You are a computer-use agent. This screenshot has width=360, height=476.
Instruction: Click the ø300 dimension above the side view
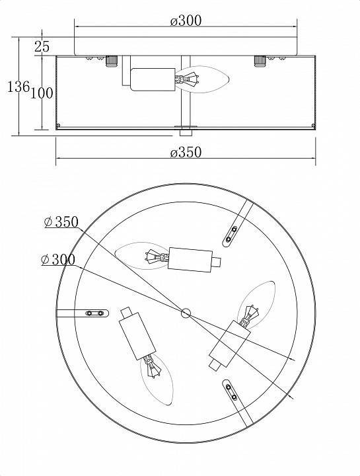coord(185,20)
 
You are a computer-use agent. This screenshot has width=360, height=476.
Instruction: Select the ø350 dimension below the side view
coord(185,153)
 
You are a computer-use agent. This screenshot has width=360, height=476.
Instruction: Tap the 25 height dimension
coord(42,46)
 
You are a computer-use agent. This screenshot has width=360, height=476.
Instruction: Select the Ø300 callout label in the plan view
coord(57,260)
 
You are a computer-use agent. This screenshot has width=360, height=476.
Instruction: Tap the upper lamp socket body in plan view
coord(190,257)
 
